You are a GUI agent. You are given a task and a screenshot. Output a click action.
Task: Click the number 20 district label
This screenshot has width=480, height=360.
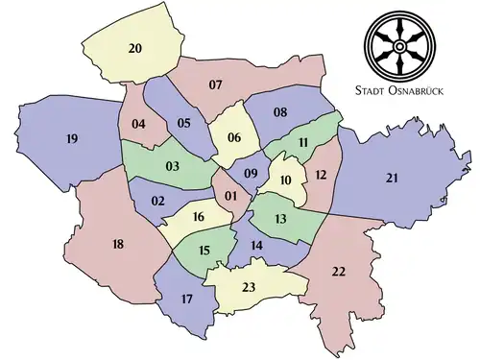pyautogui.click(x=134, y=48)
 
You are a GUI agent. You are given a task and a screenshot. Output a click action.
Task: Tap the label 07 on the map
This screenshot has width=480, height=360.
pyautogui.click(x=215, y=85)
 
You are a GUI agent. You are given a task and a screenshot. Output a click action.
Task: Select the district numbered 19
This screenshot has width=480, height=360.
pyautogui.click(x=71, y=139)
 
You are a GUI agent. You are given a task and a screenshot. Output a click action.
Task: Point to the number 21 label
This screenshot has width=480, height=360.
pyautogui.click(x=392, y=178)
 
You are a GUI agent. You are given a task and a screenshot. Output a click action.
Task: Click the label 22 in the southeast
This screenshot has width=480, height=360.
pyautogui.click(x=338, y=272)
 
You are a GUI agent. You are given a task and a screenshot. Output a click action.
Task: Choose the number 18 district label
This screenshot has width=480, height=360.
pyautogui.click(x=118, y=245)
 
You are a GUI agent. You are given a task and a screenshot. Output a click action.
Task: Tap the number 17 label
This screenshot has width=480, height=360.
pyautogui.click(x=186, y=300)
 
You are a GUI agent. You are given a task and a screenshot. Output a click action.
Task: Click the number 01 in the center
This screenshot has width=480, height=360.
pyautogui.click(x=230, y=197)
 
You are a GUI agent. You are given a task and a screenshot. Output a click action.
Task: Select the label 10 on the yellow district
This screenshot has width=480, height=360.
pyautogui.click(x=284, y=180)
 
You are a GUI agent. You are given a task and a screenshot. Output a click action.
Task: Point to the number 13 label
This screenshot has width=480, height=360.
pyautogui.click(x=280, y=219)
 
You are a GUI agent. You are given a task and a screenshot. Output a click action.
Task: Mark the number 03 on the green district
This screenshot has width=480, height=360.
pyautogui.click(x=173, y=166)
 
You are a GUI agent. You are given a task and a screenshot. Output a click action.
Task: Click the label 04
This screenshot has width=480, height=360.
pyautogui.click(x=138, y=123)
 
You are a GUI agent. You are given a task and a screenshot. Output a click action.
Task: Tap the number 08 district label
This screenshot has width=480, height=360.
pyautogui.click(x=280, y=112)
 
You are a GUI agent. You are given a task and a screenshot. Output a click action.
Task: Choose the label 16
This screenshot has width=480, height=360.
pyautogui.click(x=199, y=218)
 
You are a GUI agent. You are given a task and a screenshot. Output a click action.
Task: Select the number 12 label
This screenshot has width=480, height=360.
pyautogui.click(x=321, y=174)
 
